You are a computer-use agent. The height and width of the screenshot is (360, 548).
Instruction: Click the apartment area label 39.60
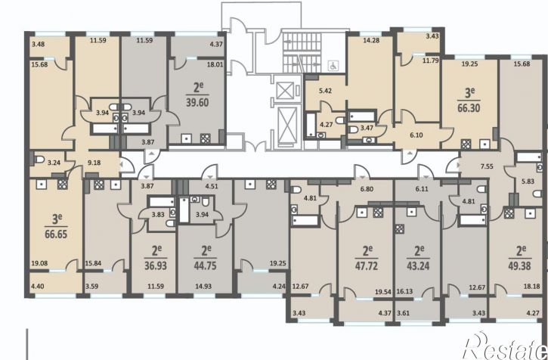point(197,103)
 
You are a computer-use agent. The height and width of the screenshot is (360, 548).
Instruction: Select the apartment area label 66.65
point(56,234)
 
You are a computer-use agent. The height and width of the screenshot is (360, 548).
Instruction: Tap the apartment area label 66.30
point(469,108)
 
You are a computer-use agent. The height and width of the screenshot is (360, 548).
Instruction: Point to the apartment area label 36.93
point(156,265)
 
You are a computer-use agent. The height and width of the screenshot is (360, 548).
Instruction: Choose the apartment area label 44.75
point(205,265)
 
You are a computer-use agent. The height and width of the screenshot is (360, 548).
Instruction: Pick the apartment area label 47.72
point(367,265)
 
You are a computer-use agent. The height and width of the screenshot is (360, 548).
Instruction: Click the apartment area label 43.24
point(418,265)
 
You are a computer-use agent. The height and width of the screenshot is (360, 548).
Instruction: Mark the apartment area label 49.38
point(519,265)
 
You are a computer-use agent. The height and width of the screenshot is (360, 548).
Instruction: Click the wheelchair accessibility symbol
point(333,66)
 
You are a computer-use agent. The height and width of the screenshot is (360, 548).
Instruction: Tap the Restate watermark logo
point(505,346)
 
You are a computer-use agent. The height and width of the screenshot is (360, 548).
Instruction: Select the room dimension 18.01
point(215,64)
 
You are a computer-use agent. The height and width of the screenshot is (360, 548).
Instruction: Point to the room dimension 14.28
point(371,40)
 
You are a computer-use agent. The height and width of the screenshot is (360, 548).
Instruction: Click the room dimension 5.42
point(325,91)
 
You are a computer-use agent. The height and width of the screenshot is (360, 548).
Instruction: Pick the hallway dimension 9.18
point(94,163)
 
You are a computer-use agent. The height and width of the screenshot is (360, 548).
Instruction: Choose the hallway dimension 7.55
point(487,166)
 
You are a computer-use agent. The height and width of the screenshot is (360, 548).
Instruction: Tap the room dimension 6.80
point(367,189)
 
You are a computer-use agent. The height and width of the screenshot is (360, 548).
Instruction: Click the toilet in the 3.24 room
point(39,160)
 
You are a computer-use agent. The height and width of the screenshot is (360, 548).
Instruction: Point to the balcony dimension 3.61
point(404,313)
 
